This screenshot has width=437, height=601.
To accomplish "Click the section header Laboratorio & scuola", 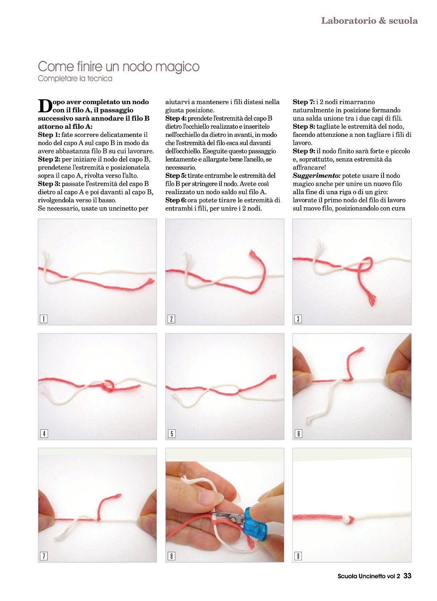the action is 369,21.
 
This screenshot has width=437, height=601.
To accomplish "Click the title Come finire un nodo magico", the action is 119,66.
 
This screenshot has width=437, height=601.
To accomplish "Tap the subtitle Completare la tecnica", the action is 75,79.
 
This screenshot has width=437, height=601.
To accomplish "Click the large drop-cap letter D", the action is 45,106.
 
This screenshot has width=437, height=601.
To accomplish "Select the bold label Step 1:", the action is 49,135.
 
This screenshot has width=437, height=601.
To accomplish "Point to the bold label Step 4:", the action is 176,118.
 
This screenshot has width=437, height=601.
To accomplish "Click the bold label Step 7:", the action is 304,102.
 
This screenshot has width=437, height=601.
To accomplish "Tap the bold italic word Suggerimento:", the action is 316,176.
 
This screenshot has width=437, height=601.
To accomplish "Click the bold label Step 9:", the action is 304,151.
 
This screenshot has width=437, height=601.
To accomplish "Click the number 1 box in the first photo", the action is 43,319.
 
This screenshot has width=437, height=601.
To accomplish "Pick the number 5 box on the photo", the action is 171,434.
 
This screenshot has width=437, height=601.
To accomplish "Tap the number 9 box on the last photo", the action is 298,556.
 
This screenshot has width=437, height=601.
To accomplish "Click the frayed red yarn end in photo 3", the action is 372,300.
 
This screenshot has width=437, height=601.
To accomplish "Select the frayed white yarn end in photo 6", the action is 310,419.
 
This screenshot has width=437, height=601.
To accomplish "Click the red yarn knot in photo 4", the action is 108,386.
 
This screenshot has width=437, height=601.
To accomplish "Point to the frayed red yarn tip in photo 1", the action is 150,281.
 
